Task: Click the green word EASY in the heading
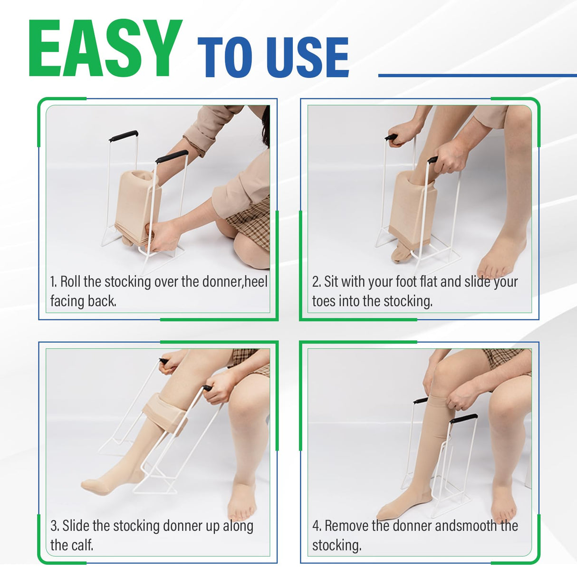click(x=105, y=49)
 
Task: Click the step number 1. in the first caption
click(x=54, y=282)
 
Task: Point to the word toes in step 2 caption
click(x=324, y=301)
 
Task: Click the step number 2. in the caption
click(x=317, y=282)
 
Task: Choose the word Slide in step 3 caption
click(x=76, y=526)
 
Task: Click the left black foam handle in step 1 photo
click(x=123, y=136)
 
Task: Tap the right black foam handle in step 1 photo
click(x=172, y=156)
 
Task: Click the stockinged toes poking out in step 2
click(x=400, y=254)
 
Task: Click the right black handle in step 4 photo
click(x=463, y=419)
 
